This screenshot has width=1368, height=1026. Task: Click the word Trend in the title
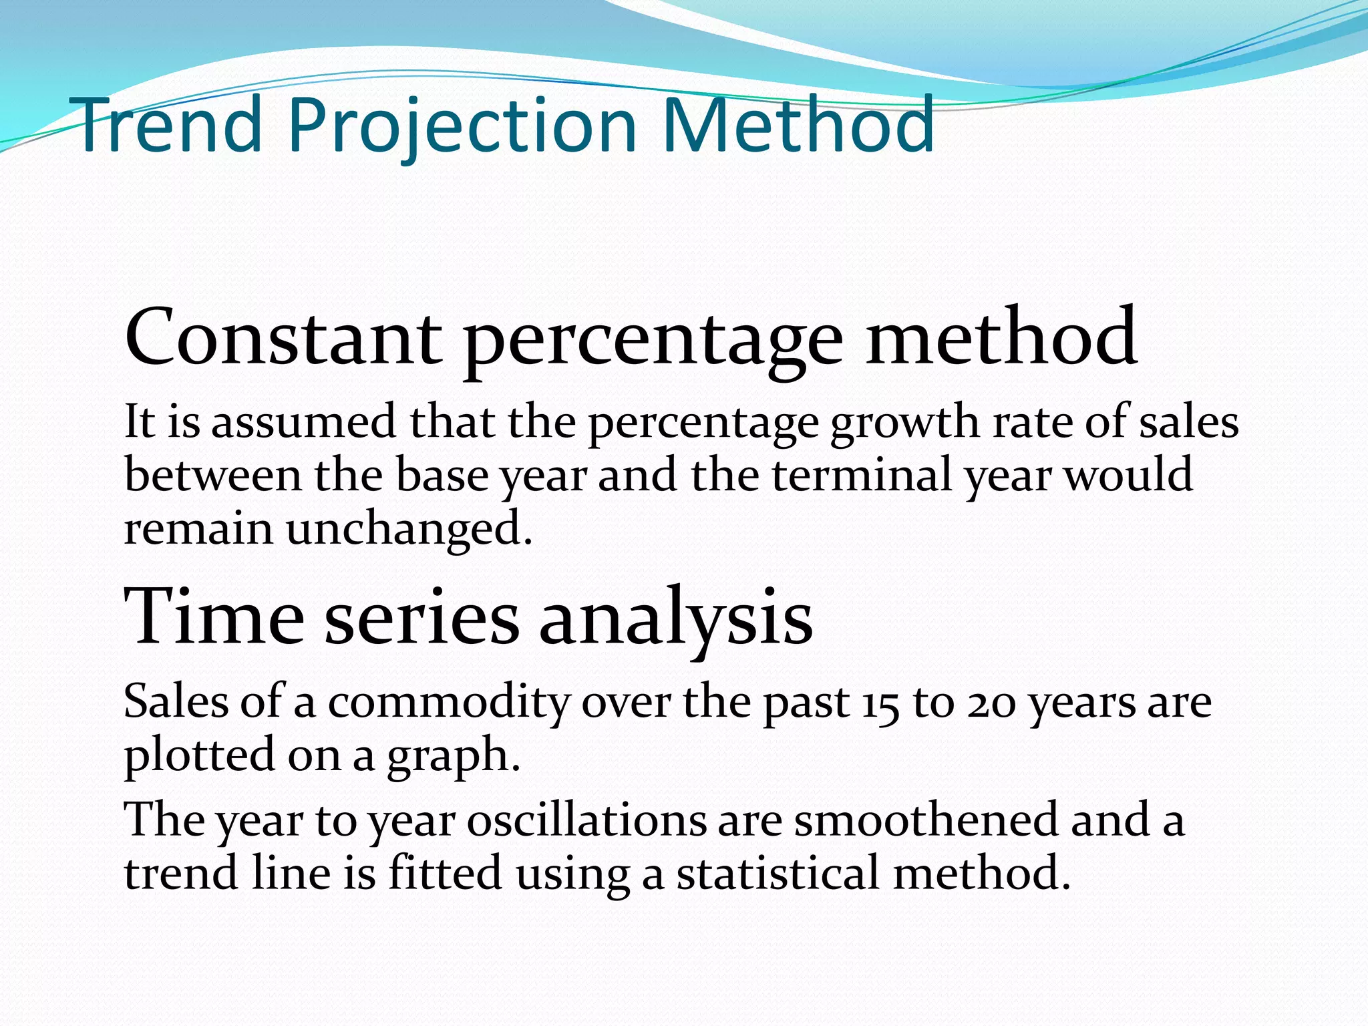click(x=170, y=125)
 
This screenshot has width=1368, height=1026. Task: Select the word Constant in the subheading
click(x=283, y=337)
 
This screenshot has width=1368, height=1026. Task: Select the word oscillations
click(x=586, y=820)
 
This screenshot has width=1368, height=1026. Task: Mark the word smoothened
click(x=926, y=820)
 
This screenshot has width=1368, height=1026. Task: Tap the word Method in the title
click(x=798, y=125)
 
